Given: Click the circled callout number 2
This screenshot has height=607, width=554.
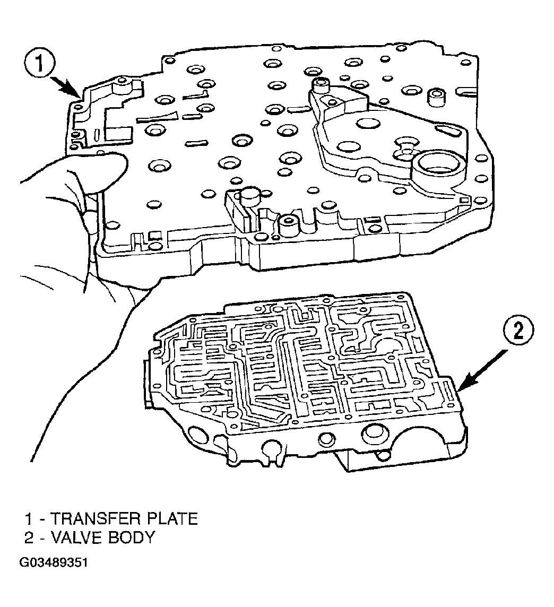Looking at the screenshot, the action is tap(518, 332).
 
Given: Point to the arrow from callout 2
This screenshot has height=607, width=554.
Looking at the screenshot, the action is tap(482, 370).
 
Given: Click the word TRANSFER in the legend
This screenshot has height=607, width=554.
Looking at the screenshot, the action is tap(96, 519).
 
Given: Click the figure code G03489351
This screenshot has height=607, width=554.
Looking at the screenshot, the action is tap(54, 562).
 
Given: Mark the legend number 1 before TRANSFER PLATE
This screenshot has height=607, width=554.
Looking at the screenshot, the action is tap(28, 519).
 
